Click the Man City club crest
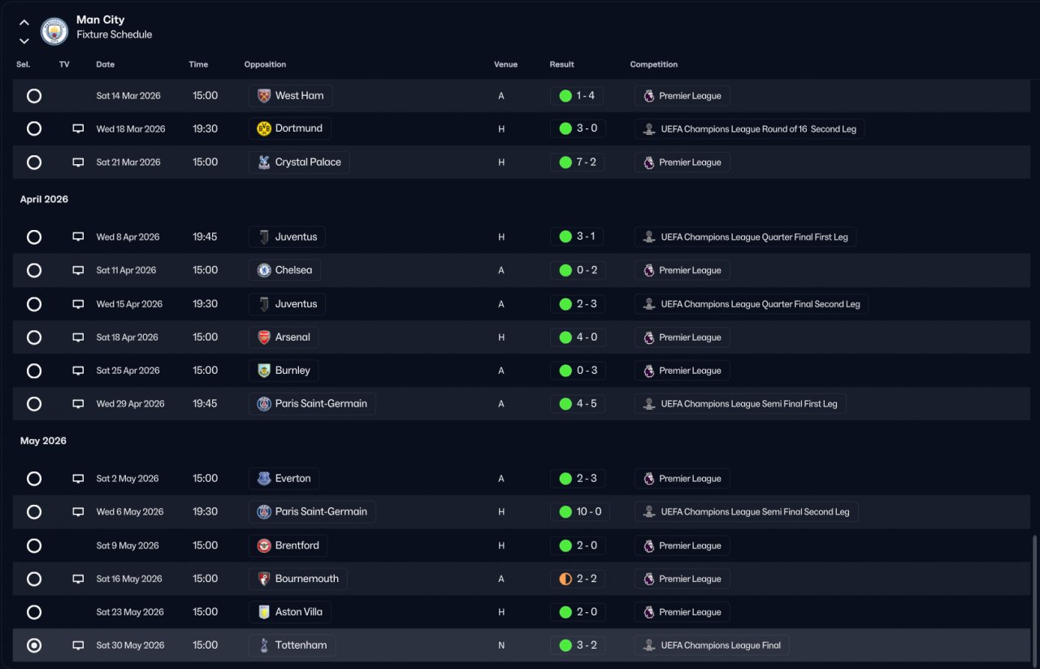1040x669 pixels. [x=54, y=31]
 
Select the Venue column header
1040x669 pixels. [x=505, y=64]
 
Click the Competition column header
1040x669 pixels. [x=653, y=64]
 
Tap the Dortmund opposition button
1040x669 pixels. [x=290, y=128]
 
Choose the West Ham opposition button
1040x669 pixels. [x=290, y=95]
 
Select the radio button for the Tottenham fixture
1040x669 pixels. [x=34, y=645]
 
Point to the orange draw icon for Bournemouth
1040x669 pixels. [x=565, y=579]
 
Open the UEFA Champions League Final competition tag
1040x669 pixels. [x=712, y=645]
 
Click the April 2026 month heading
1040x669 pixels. [x=44, y=199]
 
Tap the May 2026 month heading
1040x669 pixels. [x=43, y=441]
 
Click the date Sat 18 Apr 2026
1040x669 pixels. [x=127, y=337]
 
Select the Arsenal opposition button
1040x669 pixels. [x=284, y=337]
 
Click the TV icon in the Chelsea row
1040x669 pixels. [x=78, y=270]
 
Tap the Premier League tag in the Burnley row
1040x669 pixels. [x=682, y=371]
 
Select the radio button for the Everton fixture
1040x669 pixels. [x=34, y=479]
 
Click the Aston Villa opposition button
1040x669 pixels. [x=290, y=612]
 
